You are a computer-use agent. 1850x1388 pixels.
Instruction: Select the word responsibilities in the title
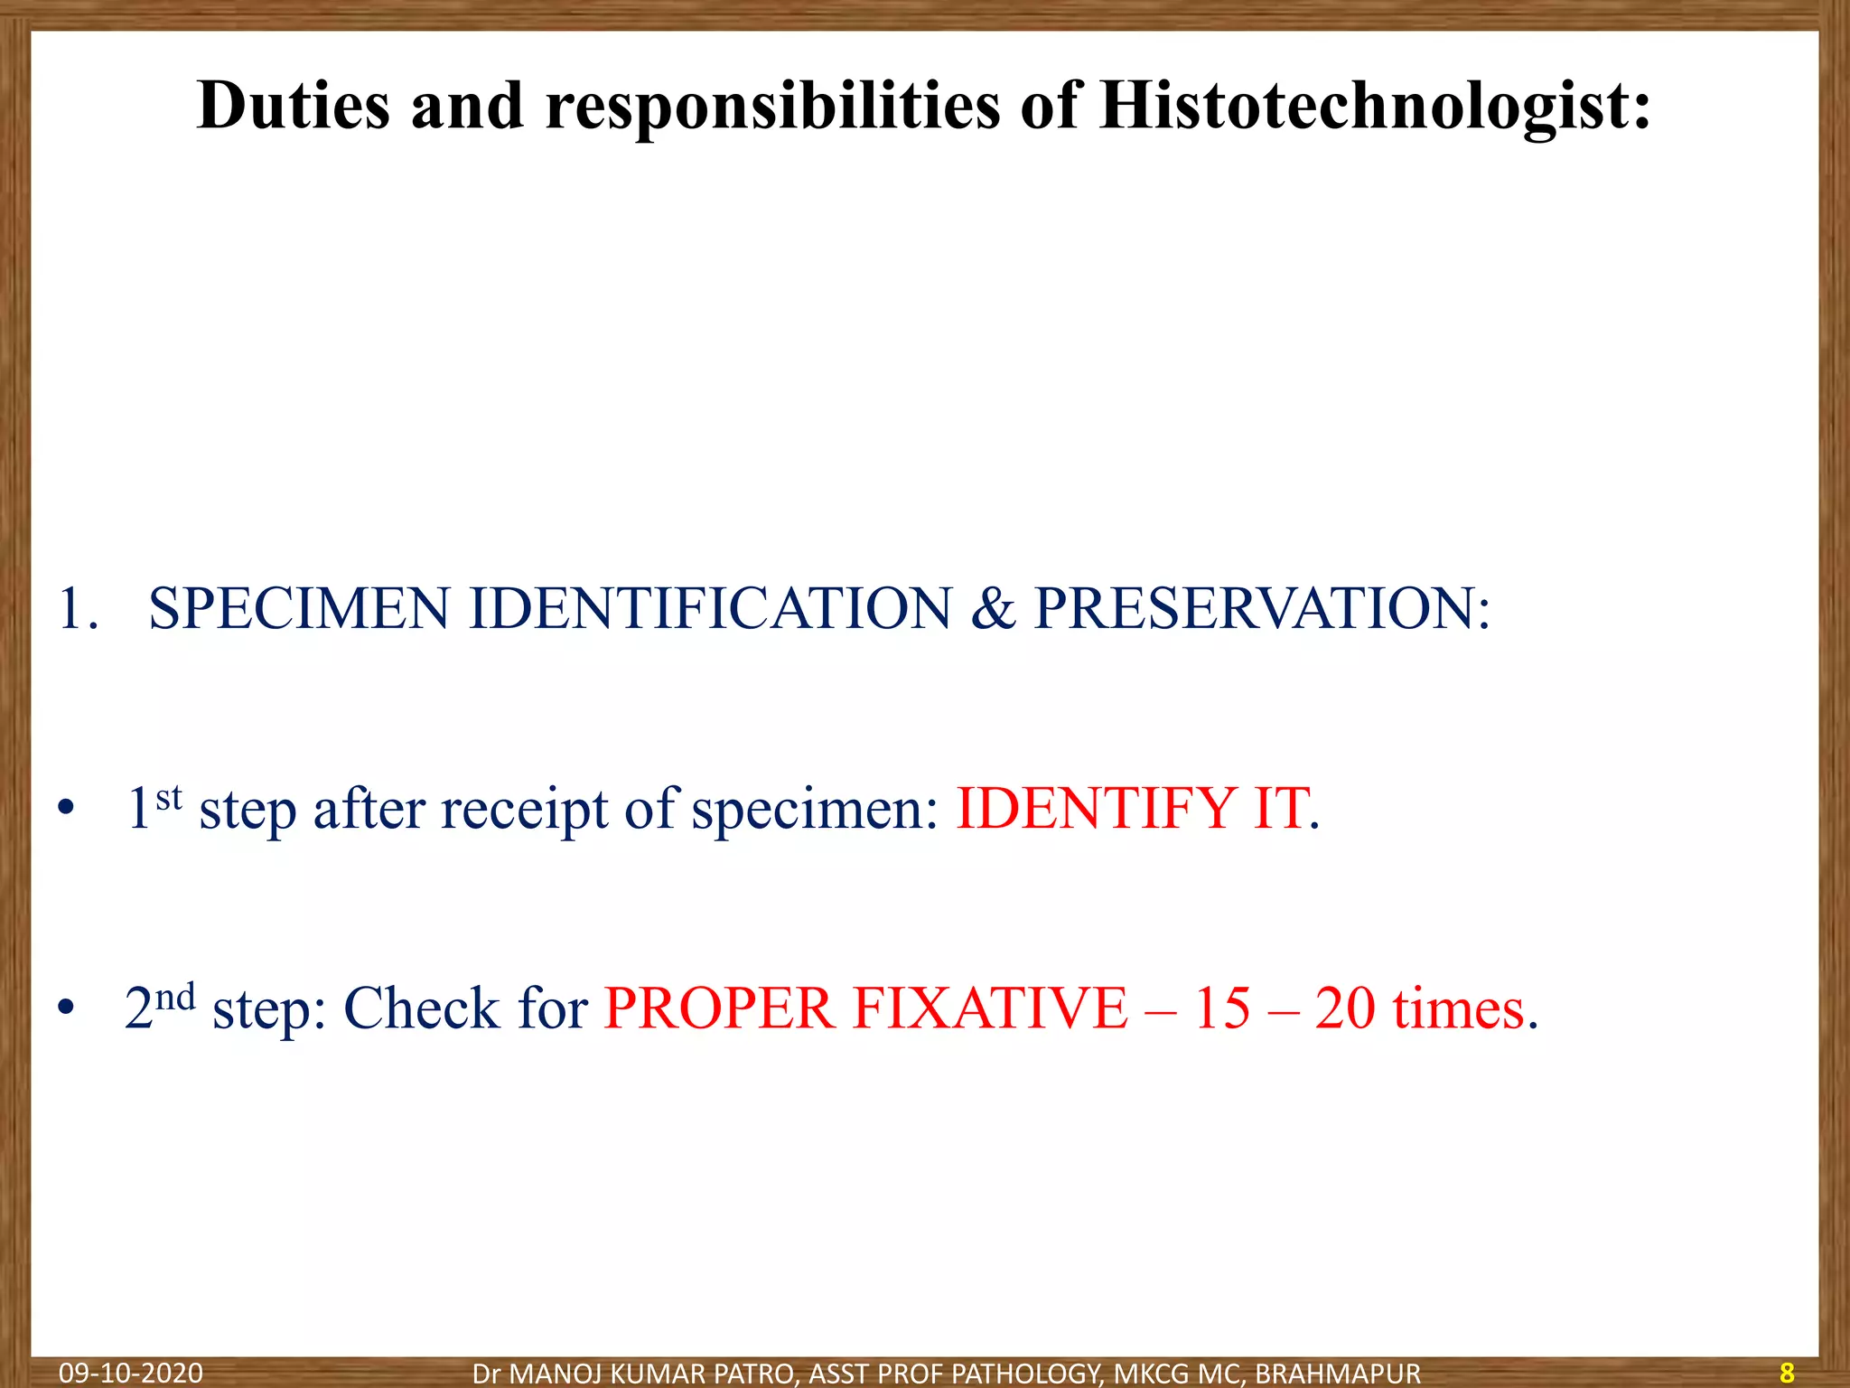pyautogui.click(x=772, y=107)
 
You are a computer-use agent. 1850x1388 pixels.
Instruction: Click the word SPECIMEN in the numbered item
pyautogui.click(x=298, y=608)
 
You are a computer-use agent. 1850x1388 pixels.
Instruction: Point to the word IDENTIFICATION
pyautogui.click(x=710, y=608)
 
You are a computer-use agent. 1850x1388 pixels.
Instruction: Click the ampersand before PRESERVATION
pyautogui.click(x=994, y=608)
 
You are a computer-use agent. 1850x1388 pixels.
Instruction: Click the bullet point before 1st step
pyautogui.click(x=64, y=809)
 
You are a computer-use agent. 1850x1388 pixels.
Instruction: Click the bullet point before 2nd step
pyautogui.click(x=64, y=1008)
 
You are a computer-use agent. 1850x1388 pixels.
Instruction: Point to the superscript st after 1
pyautogui.click(x=169, y=798)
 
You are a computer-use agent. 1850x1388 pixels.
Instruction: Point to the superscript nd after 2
pyautogui.click(x=175, y=998)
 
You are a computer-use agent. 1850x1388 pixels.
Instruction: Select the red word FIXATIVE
pyautogui.click(x=990, y=1008)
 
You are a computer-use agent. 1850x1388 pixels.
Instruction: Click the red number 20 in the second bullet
pyautogui.click(x=1345, y=1008)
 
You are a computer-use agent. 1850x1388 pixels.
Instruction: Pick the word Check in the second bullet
pyautogui.click(x=421, y=1008)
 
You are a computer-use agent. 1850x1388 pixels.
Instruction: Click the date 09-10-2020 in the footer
pyautogui.click(x=131, y=1374)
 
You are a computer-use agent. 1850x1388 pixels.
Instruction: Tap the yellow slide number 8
pyautogui.click(x=1787, y=1374)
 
